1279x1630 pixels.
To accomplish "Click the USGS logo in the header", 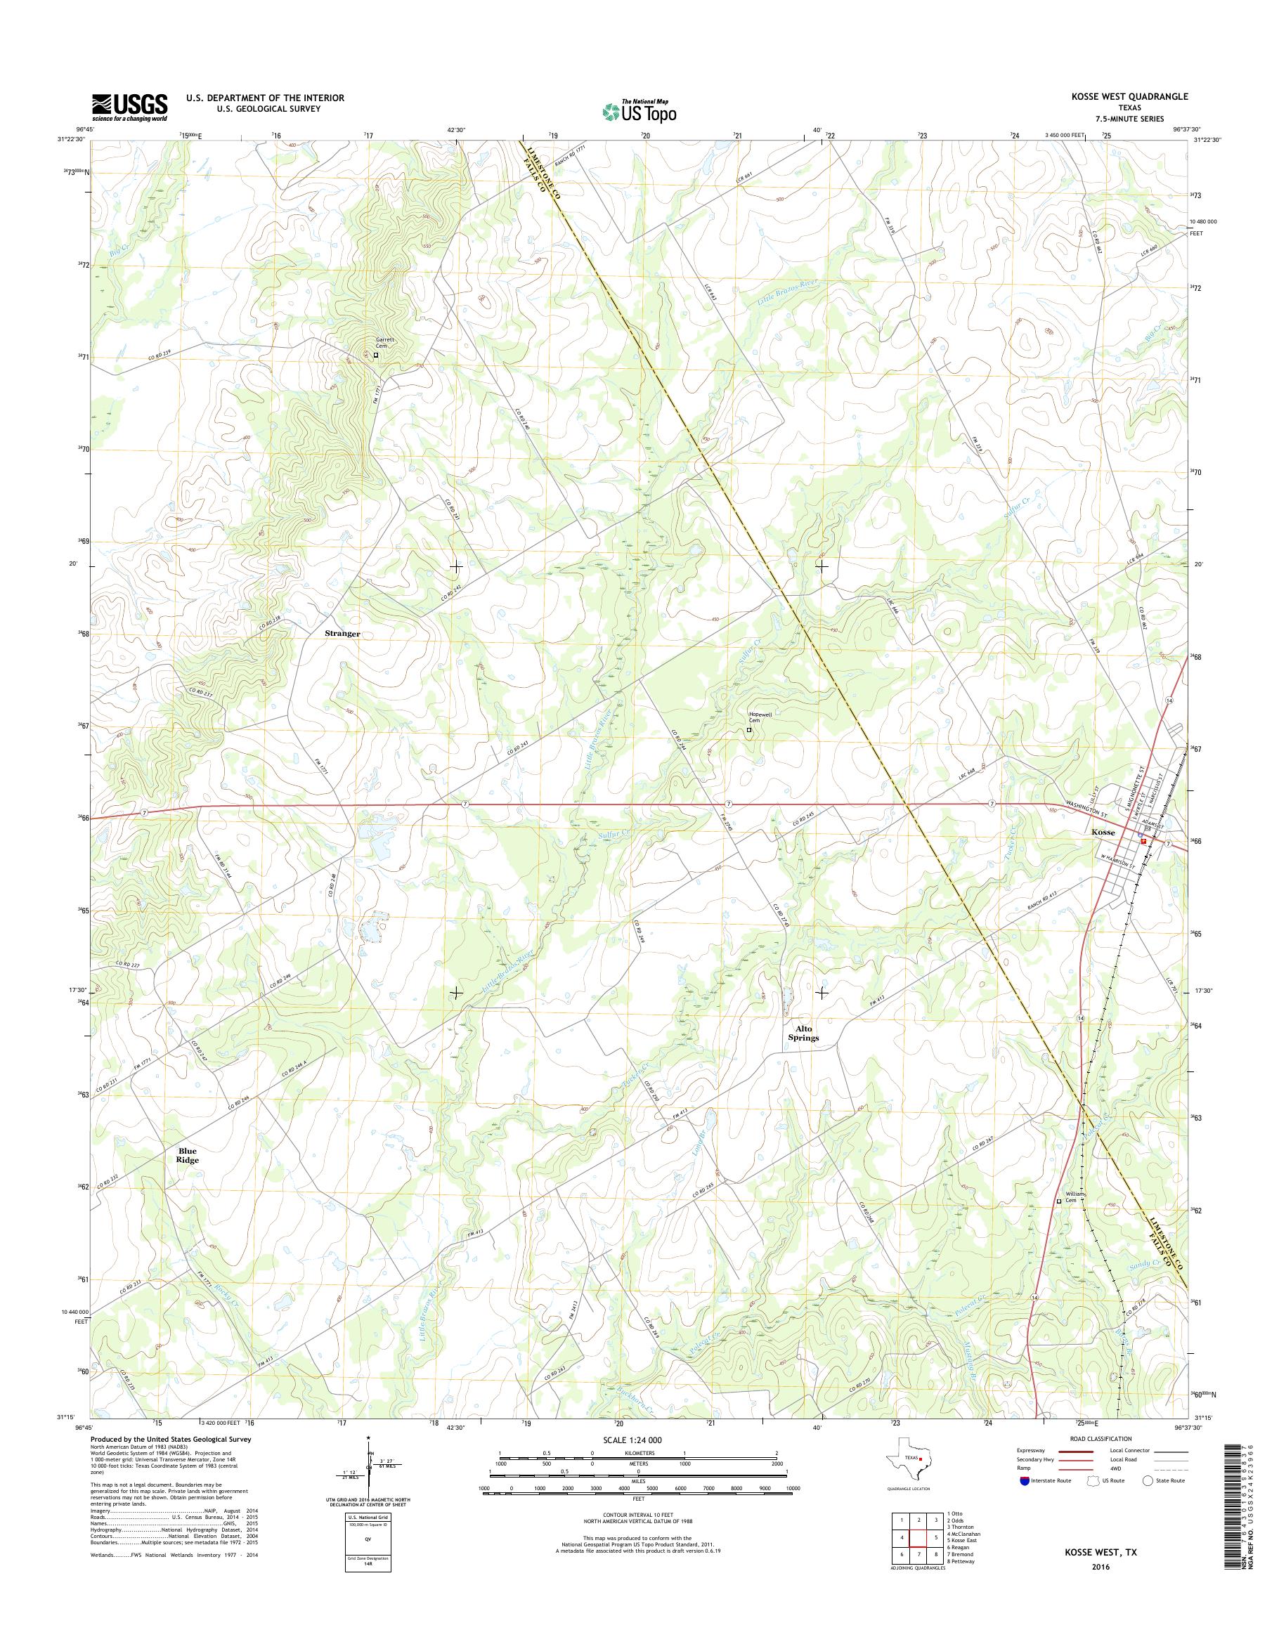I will click(129, 107).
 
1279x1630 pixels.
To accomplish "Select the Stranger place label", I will click(342, 634).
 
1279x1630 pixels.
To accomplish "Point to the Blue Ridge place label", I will click(187, 1155).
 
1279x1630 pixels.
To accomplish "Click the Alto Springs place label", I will click(803, 1034).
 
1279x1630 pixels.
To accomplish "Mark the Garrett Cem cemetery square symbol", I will click(376, 356).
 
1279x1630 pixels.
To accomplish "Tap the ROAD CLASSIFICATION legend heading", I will click(1101, 1438).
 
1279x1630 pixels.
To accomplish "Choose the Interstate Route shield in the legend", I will click(1024, 1480).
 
